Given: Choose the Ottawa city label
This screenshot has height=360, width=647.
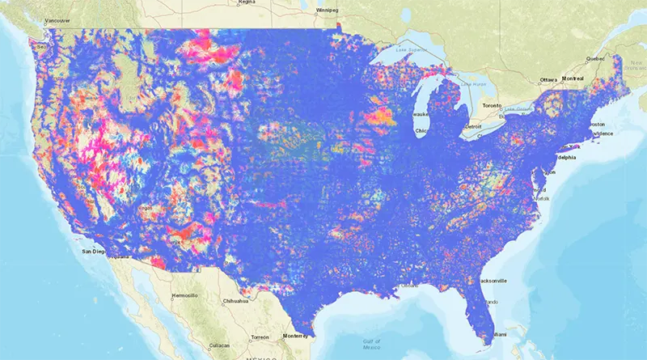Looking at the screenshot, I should [x=550, y=79].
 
